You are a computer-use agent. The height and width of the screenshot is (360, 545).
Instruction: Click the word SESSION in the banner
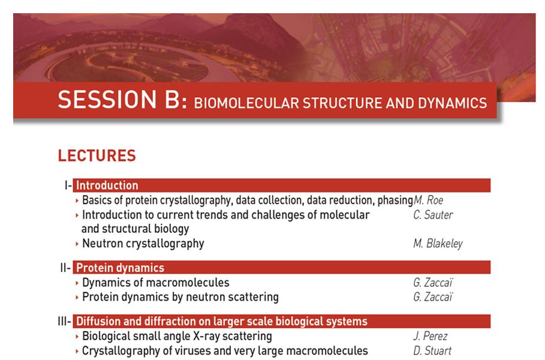(x=107, y=100)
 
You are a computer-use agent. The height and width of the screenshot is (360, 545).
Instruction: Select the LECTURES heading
(x=97, y=155)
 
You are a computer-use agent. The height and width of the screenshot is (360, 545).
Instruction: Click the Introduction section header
(x=107, y=185)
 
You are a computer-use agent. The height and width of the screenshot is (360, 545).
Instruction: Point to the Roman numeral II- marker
(x=65, y=268)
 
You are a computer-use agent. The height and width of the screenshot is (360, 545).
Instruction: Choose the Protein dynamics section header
(x=120, y=268)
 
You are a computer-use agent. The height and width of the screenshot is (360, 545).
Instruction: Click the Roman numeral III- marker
(x=65, y=322)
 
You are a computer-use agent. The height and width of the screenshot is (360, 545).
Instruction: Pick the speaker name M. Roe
(x=428, y=200)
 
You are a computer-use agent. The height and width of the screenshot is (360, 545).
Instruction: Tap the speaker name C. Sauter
(x=433, y=215)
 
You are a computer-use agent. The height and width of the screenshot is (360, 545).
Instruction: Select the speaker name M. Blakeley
(x=438, y=244)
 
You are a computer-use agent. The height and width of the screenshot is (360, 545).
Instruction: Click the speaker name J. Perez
(x=430, y=336)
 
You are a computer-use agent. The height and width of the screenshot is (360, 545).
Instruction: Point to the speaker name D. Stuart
(x=432, y=350)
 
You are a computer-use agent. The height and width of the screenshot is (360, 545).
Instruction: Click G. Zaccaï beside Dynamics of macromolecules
(x=433, y=283)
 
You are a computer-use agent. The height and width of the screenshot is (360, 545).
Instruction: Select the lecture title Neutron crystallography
(x=143, y=244)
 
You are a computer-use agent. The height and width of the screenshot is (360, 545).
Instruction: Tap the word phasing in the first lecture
(x=395, y=200)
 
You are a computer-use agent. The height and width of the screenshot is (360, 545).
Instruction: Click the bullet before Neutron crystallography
(x=77, y=244)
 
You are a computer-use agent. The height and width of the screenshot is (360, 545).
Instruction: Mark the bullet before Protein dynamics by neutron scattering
(x=77, y=298)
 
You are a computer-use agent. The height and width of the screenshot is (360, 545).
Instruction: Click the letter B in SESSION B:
(x=172, y=100)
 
